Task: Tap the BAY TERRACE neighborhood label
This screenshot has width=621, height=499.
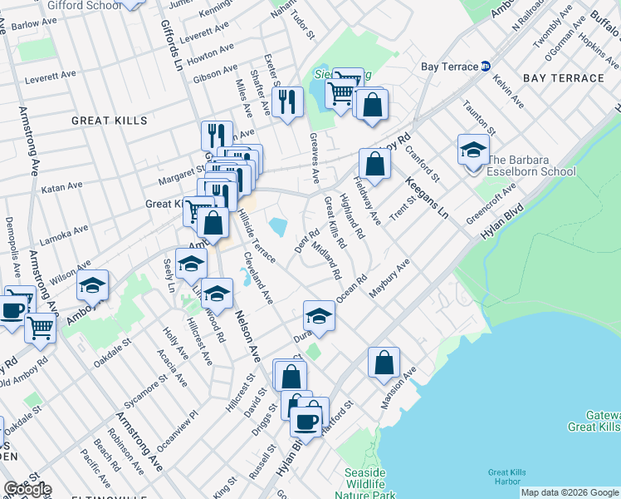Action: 563,78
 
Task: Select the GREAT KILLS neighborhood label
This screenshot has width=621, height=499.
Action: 109,121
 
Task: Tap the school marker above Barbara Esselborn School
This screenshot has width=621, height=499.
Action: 473,150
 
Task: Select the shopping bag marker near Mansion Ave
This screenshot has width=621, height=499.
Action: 384,362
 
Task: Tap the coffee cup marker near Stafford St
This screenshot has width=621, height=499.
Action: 306,421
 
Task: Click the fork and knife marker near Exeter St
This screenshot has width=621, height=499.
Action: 287,101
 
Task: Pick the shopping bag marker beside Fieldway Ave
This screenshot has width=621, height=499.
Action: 374,163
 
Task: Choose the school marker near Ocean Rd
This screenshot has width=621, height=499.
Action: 318,315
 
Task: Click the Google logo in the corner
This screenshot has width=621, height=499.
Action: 27,489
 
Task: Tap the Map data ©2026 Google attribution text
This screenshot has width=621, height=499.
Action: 570,492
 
